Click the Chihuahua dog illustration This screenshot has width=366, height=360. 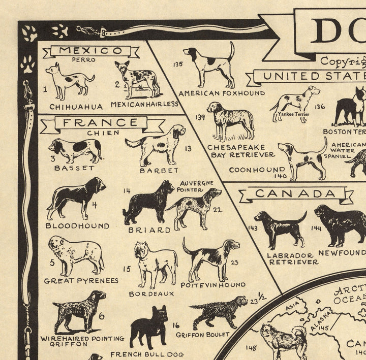pos(69,81)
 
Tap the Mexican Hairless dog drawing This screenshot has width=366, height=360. pos(136,80)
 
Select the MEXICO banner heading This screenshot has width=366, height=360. pos(90,51)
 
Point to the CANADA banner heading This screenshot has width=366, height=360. pos(295,193)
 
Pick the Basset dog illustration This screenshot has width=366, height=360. pos(75,150)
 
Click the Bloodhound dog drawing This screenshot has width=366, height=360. pos(75,198)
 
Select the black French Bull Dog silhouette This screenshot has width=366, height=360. pos(148,328)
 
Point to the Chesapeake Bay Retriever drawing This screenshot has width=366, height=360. pos(230,121)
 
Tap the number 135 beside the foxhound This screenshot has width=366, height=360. pos(178,64)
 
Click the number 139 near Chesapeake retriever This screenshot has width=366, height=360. pos(200,117)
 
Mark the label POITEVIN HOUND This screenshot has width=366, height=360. pos(214,285)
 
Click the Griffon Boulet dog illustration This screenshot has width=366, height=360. pos(214,312)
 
